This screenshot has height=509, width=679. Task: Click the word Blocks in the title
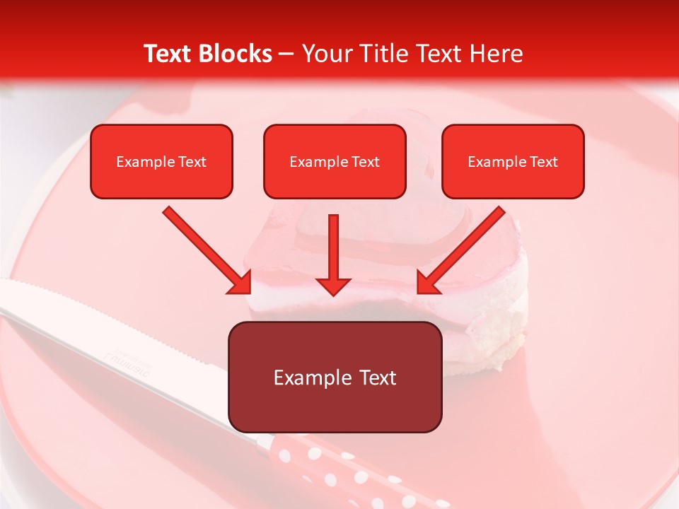click(x=237, y=54)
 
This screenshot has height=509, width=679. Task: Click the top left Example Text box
click(x=161, y=162)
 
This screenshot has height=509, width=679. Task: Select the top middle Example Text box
click(x=335, y=162)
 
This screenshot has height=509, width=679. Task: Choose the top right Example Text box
click(x=513, y=162)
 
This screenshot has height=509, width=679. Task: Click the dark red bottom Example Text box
click(x=335, y=378)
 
